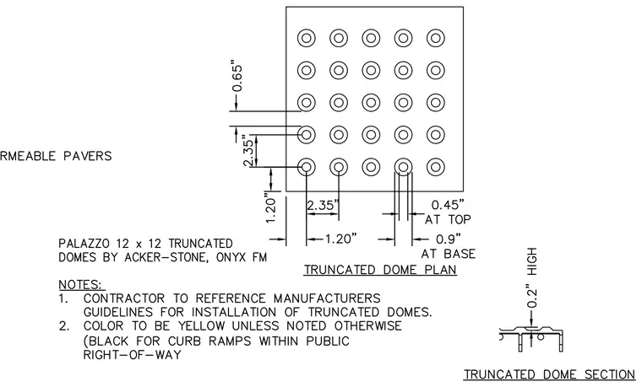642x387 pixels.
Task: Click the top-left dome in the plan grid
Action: [x=307, y=38]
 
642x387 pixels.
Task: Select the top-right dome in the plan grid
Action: [x=436, y=38]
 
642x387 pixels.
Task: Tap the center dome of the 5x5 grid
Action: [x=371, y=103]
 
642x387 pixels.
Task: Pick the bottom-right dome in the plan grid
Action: [x=436, y=167]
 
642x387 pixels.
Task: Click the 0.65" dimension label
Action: [x=237, y=78]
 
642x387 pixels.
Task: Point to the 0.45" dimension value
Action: [x=448, y=205]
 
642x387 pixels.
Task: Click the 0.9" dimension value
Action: [x=449, y=239]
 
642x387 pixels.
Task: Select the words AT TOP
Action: [x=448, y=220]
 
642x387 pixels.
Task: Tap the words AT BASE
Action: [x=449, y=254]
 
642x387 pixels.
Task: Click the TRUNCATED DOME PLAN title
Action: [x=380, y=270]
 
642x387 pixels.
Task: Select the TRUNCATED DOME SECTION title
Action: [x=549, y=374]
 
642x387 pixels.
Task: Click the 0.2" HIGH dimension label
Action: [x=531, y=278]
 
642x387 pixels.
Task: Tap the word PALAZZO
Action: [x=84, y=244]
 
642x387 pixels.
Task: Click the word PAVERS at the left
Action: [x=88, y=156]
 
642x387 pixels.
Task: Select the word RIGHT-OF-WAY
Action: [x=133, y=355]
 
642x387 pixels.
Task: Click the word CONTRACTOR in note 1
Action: [x=123, y=298]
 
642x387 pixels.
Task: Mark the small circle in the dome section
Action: [x=541, y=336]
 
